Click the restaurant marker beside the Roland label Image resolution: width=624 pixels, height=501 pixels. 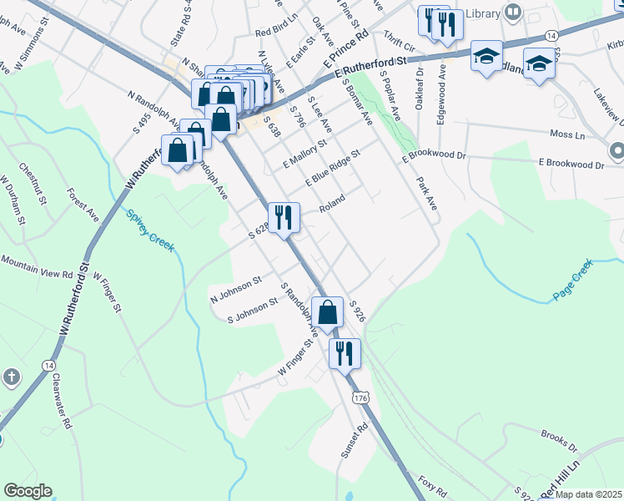(x=284, y=217)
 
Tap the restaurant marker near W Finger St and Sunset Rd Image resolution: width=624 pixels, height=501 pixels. (x=344, y=352)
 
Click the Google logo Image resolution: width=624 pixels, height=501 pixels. (x=28, y=491)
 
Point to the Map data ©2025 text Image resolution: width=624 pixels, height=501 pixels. (x=588, y=494)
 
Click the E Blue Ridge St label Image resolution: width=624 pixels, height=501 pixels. (x=332, y=169)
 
